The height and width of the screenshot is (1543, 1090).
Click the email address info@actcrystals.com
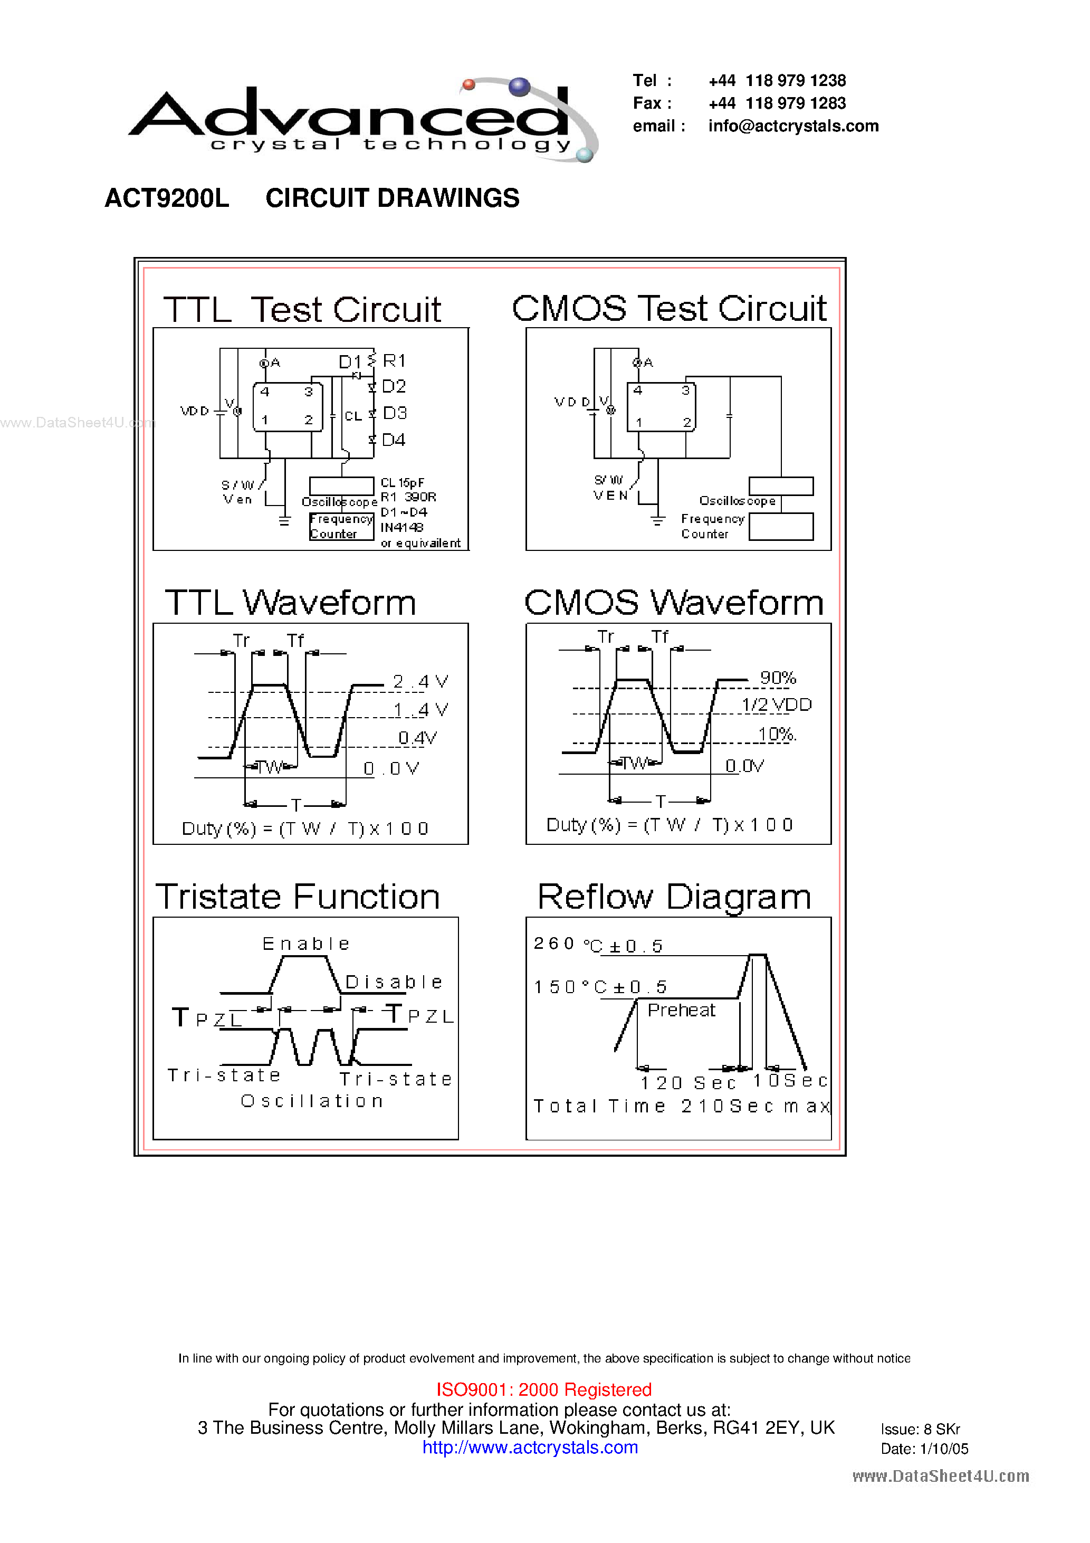pyautogui.click(x=793, y=126)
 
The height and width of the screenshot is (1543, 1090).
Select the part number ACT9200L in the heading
pyautogui.click(x=167, y=198)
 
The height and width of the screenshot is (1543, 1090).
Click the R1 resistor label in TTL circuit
pyautogui.click(x=395, y=361)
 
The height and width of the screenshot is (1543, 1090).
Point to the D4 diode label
pyautogui.click(x=394, y=440)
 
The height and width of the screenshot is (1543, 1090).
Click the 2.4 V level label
pyautogui.click(x=420, y=681)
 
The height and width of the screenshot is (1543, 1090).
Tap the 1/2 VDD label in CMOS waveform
pyautogui.click(x=777, y=705)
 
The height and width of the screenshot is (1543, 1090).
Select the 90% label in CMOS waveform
pyautogui.click(x=778, y=678)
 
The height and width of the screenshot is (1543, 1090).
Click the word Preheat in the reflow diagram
pyautogui.click(x=682, y=1010)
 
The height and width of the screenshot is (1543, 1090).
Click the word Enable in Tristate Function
pyautogui.click(x=307, y=944)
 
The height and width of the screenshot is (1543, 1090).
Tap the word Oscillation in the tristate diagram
pyautogui.click(x=312, y=1101)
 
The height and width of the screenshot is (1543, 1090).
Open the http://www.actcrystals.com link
pyautogui.click(x=530, y=1447)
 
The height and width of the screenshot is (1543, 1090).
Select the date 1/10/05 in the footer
pyautogui.click(x=944, y=1449)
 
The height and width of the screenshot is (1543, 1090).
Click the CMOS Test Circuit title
pyautogui.click(x=670, y=309)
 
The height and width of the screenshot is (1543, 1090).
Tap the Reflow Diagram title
pyautogui.click(x=674, y=897)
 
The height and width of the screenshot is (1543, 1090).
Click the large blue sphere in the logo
pyautogui.click(x=520, y=87)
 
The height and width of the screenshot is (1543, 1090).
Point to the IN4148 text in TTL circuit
pyautogui.click(x=402, y=528)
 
